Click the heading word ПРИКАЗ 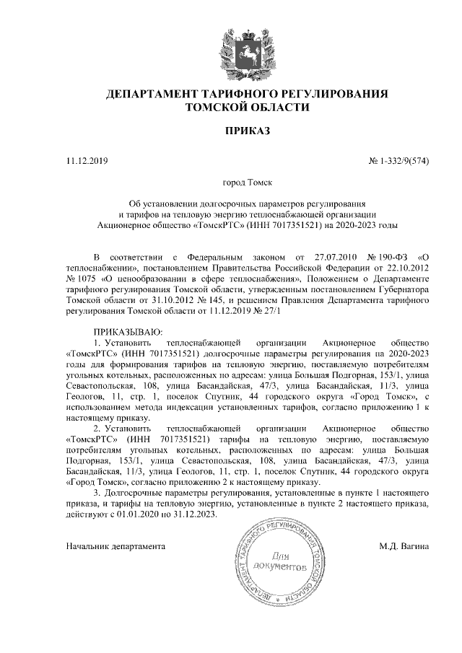[247, 131]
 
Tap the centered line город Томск [247, 184]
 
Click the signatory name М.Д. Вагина [404, 546]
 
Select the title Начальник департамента [115, 546]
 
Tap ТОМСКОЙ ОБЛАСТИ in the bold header [247, 108]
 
